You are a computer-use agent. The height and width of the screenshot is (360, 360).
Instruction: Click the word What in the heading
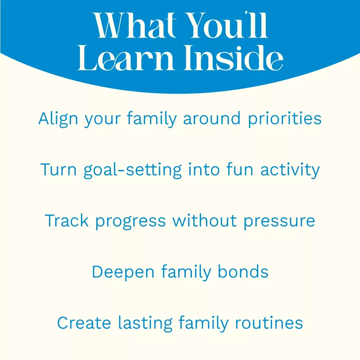point(135,25)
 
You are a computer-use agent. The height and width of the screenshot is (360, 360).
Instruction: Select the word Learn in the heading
point(126,58)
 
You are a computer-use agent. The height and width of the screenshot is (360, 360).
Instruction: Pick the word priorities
point(285,118)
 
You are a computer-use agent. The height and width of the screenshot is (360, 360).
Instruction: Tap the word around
point(212,118)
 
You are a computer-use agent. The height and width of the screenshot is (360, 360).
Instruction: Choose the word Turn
point(58,170)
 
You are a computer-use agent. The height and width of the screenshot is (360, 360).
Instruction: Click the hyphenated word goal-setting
point(133,170)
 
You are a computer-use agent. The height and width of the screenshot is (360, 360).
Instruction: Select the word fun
point(240,169)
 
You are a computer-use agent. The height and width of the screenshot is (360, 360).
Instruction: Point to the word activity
point(290,170)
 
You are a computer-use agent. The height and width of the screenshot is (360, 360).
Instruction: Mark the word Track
point(67,221)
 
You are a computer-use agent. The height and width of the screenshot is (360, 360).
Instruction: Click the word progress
point(130,221)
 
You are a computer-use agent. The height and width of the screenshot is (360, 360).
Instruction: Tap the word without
point(204,220)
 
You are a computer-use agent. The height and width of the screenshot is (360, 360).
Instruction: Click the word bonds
point(243,271)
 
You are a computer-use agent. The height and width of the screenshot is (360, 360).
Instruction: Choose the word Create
point(84,323)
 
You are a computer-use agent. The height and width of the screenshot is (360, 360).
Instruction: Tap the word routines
point(269,323)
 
